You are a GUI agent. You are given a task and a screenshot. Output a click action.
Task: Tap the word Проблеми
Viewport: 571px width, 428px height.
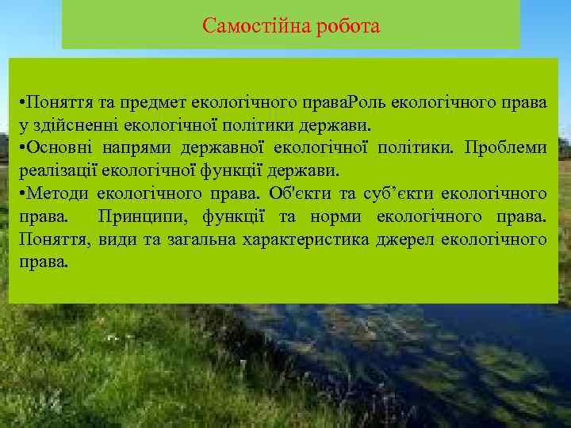point(506,148)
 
